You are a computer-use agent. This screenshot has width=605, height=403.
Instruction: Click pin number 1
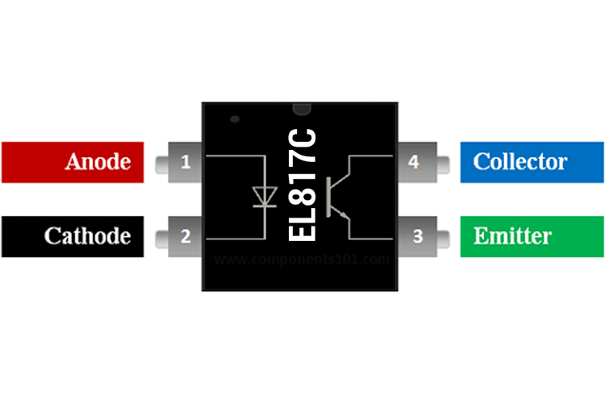point(186,162)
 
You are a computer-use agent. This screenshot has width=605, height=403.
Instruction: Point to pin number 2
point(186,236)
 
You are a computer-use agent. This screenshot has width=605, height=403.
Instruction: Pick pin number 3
point(417,236)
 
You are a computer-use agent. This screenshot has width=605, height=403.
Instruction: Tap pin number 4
point(414,162)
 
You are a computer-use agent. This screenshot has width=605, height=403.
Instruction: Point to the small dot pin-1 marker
point(235,119)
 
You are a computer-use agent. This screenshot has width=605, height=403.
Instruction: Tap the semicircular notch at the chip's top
point(301,107)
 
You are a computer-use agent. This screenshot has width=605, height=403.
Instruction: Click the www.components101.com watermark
point(302,260)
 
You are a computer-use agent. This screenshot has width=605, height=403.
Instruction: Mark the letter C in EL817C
point(302,135)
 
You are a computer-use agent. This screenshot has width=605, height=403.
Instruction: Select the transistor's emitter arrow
point(344,215)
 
